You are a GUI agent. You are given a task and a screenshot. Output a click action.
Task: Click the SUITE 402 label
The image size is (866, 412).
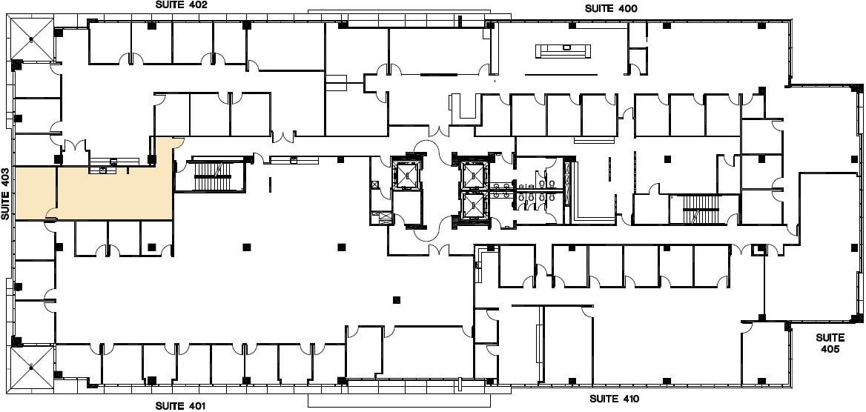point(181,5)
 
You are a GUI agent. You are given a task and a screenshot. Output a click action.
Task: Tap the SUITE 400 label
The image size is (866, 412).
point(612,9)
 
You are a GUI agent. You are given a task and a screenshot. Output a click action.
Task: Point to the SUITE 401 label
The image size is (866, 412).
point(180,405)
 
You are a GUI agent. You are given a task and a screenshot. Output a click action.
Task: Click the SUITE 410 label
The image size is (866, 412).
point(615,399)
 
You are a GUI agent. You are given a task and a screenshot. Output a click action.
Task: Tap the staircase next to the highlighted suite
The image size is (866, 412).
point(213,176)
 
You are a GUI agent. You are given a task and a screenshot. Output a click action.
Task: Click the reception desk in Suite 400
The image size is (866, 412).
point(564,50)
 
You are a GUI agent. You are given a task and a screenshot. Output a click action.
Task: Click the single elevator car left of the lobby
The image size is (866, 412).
point(407,174)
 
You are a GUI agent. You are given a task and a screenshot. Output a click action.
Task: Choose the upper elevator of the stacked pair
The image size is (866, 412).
point(472,175)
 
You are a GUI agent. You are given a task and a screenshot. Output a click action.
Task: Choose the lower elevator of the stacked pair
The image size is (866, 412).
point(472,206)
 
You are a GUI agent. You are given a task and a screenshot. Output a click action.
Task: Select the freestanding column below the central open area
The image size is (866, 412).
point(397,299)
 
